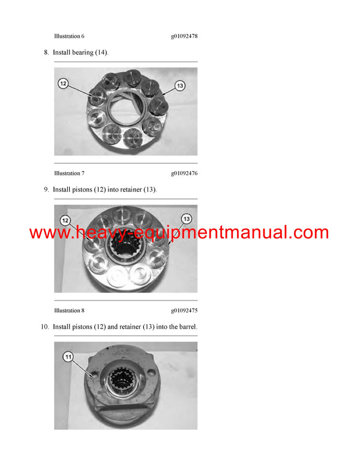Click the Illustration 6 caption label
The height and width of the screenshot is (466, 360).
coord(69,36)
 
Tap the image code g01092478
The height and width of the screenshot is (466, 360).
coord(184,36)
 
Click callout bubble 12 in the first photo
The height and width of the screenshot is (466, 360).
coord(63,83)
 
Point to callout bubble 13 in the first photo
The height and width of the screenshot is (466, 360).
coord(180,86)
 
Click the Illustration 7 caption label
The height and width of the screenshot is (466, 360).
coord(69,174)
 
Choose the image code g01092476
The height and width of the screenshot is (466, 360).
coord(184,174)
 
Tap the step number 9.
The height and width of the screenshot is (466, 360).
coord(46,190)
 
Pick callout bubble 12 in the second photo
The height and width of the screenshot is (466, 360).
coord(65,220)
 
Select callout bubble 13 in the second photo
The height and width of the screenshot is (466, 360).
coord(187,219)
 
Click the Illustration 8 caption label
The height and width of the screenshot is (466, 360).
coord(69,310)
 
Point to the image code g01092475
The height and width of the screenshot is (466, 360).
coord(184,310)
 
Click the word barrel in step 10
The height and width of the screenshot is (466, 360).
coord(188,327)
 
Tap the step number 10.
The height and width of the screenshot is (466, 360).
coord(45,327)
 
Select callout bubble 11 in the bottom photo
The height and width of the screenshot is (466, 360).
coord(68,357)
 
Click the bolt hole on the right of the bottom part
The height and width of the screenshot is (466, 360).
coord(151,372)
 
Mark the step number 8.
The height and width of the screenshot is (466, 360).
coord(46,53)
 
